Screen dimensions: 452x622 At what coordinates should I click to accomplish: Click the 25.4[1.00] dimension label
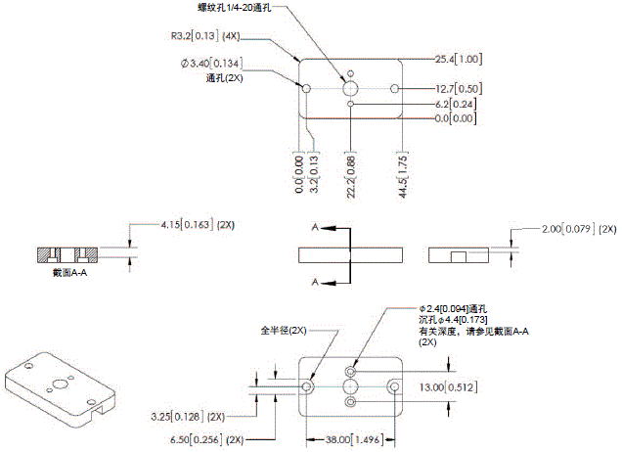(x=455, y=59)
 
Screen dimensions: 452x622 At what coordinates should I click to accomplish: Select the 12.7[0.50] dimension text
(x=455, y=88)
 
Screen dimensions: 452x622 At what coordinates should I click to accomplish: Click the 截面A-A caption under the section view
(x=71, y=273)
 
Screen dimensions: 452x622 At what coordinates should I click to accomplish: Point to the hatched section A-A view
(x=67, y=255)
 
